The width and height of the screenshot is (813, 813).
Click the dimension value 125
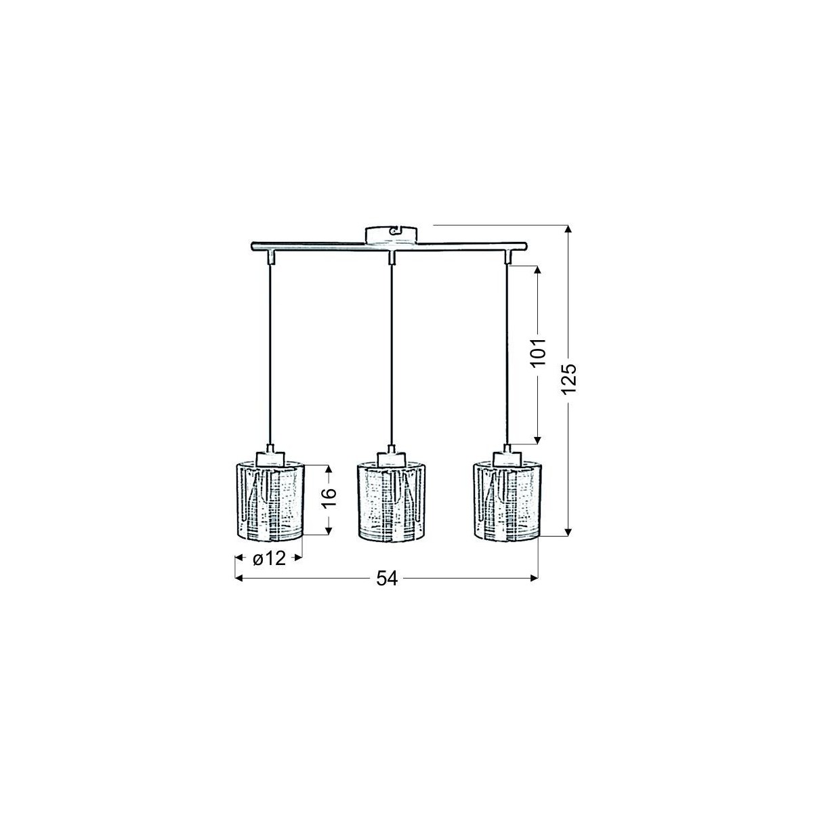point(570,379)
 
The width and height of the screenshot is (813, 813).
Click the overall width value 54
point(385,578)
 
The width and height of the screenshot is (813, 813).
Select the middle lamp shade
point(390,501)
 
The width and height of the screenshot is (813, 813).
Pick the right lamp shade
point(506,501)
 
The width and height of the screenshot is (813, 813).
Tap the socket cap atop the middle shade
point(390,457)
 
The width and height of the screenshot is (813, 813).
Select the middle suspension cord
point(390,352)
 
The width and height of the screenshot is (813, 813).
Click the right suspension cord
point(507,352)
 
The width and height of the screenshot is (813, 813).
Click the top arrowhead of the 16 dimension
point(329,470)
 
